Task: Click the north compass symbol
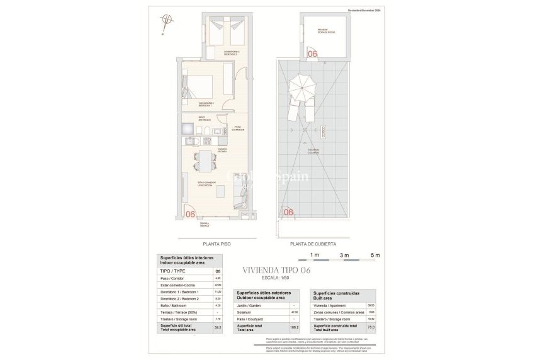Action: (165, 21)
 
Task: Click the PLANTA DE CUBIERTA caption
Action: (313, 244)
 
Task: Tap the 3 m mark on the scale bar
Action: (344, 255)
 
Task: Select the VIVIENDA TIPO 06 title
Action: (276, 270)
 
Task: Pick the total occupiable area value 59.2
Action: (218, 327)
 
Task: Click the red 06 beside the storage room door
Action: (312, 54)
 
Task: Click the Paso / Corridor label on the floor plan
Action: (238, 128)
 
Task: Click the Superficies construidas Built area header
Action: (334, 295)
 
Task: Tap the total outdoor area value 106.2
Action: (294, 327)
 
